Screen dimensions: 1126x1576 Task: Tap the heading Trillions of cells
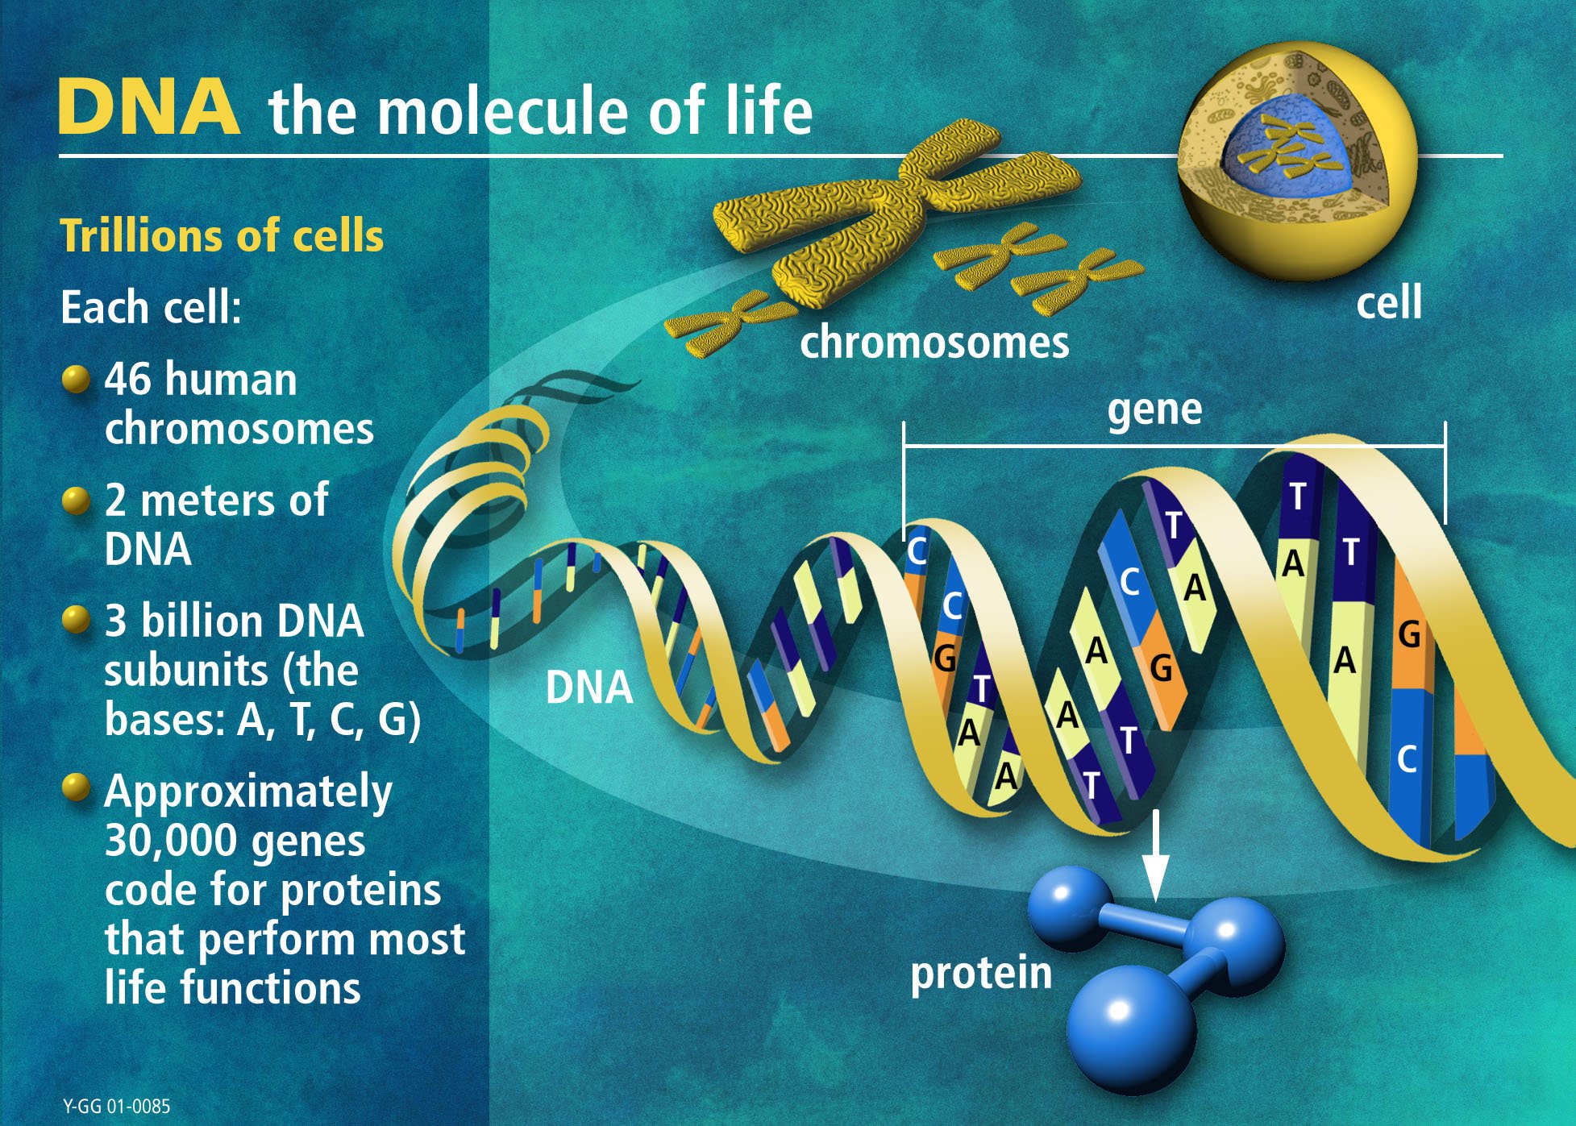222,236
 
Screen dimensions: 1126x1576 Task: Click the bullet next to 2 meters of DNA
75,501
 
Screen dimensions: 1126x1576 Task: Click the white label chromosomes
934,343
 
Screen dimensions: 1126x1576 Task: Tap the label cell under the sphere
1388,303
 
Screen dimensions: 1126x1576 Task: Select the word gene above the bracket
1154,409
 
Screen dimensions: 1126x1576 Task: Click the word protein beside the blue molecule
981,973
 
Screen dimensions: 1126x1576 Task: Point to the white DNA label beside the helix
589,688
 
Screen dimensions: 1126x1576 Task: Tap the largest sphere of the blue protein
1129,1025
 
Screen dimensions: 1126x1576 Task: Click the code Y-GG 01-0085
117,1106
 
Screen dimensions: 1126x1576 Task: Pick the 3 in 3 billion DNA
116,621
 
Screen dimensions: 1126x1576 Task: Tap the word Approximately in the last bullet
248,792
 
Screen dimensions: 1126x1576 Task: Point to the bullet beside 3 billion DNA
75,621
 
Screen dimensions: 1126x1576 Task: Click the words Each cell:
152,308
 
